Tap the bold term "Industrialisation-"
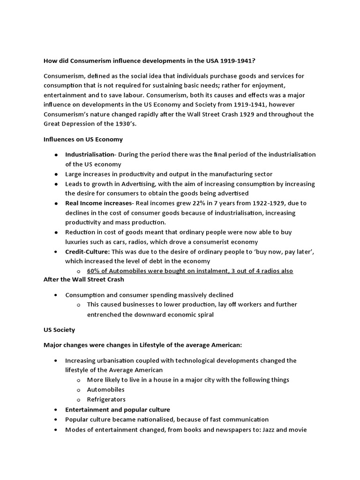(x=90, y=155)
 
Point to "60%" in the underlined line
(x=94, y=271)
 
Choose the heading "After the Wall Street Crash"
(x=84, y=279)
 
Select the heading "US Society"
(x=59, y=330)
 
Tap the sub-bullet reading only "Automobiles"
(x=105, y=390)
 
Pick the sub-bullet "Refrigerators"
(x=106, y=399)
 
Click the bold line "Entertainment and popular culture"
(x=117, y=409)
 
